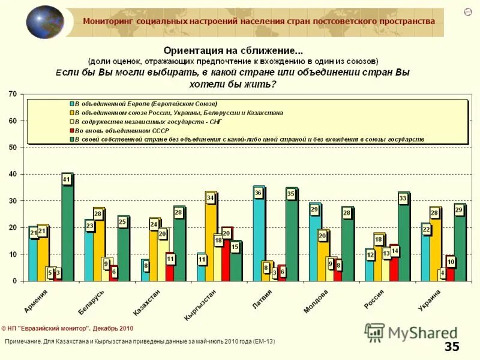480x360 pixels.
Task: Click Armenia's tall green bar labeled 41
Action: coord(67,231)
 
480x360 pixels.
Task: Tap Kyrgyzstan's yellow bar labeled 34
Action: coord(211,237)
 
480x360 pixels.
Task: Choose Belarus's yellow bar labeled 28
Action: coord(98,246)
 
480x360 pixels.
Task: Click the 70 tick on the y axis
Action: coord(12,94)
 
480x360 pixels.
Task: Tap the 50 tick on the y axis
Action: coord(12,148)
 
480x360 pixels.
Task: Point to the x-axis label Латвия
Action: coord(262,298)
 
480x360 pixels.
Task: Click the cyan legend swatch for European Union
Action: coord(70,104)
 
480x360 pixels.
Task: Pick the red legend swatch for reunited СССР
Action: coord(70,130)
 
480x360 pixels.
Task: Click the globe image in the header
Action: coord(44,22)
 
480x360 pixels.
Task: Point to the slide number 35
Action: coord(452,346)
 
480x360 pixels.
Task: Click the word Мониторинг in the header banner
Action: coord(108,21)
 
